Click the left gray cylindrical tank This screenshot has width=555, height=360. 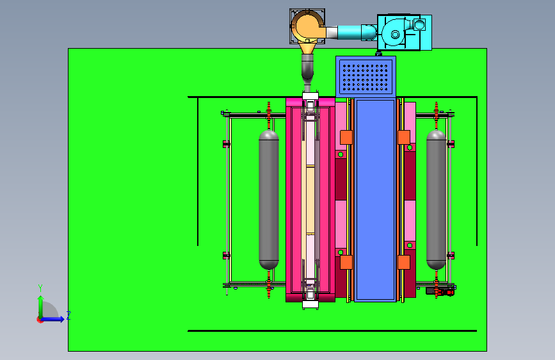(269, 200)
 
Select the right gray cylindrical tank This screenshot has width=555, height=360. (437, 200)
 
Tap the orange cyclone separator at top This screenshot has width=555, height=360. (307, 29)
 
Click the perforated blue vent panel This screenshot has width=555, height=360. (366, 76)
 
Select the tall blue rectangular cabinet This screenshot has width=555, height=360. (375, 200)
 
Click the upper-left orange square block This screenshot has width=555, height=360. (346, 138)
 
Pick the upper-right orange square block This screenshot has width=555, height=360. (404, 138)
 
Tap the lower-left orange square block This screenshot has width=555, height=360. (346, 262)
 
